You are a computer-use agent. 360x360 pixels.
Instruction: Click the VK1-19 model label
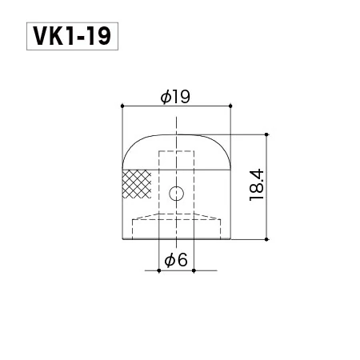point(72,36)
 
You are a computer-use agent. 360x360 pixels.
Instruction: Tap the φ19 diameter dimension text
point(175,97)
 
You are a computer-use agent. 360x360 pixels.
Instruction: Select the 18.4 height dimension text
point(257,185)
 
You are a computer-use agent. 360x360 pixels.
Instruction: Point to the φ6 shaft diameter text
point(176,260)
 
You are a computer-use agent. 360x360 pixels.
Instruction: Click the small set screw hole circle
point(176,193)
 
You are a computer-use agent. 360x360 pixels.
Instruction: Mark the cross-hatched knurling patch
point(137,184)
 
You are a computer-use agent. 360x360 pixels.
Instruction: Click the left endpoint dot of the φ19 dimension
point(122,106)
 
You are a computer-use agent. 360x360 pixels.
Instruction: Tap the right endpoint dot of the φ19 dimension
point(230,106)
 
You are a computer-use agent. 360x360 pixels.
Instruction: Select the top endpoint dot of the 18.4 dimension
point(266,134)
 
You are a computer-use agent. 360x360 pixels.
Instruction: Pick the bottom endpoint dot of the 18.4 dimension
point(266,239)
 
